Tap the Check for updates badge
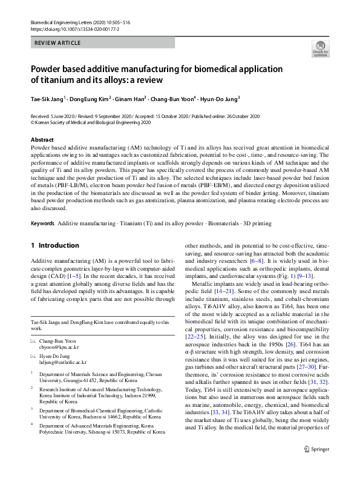320,49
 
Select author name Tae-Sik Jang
47,98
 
